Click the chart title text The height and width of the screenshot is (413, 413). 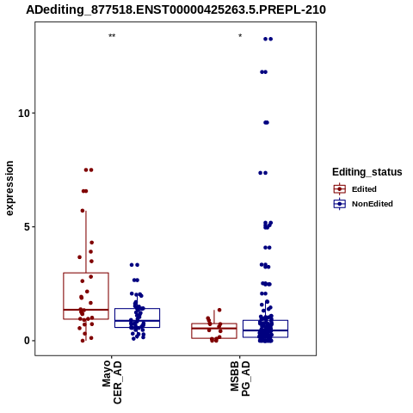pyautogui.click(x=176, y=9)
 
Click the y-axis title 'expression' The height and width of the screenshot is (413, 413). pyautogui.click(x=9, y=188)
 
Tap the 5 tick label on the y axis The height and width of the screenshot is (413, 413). pyautogui.click(x=27, y=227)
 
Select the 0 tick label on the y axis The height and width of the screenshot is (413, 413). pyautogui.click(x=27, y=341)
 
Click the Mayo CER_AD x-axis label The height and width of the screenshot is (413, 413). pyautogui.click(x=112, y=382)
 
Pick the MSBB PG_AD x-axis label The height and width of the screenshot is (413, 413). pyautogui.click(x=240, y=379)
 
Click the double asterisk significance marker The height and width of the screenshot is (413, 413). pyautogui.click(x=112, y=36)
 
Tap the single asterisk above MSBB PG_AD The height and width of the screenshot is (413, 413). pyautogui.click(x=240, y=36)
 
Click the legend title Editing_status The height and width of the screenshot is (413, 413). pyautogui.click(x=367, y=172)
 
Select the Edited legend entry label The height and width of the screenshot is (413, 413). pyautogui.click(x=364, y=189)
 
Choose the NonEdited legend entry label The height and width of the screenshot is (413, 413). pyautogui.click(x=373, y=204)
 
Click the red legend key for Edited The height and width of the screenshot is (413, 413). pyautogui.click(x=340, y=189)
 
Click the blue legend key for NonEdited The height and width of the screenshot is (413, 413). pyautogui.click(x=340, y=204)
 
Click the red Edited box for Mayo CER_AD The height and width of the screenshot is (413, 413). pyautogui.click(x=64, y=295)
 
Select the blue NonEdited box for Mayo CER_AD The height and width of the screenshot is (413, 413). pyautogui.click(x=114, y=317)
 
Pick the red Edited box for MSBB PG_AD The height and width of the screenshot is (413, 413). pyautogui.click(x=192, y=330)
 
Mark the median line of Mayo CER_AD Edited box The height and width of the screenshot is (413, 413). pyautogui.click(x=86, y=310)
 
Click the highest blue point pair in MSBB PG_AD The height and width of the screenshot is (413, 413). pyautogui.click(x=268, y=39)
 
